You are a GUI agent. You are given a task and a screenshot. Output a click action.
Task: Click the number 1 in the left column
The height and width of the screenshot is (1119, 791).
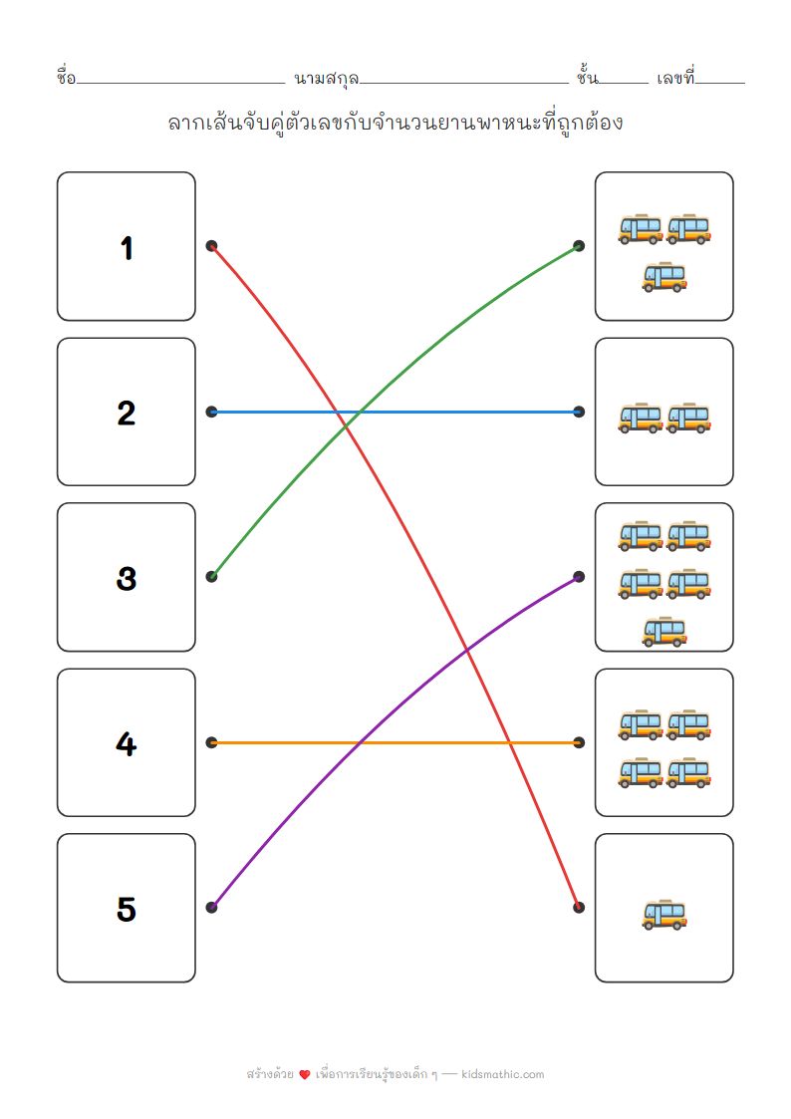click(127, 248)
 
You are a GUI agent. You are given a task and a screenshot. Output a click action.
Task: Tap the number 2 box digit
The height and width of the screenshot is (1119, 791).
click(127, 413)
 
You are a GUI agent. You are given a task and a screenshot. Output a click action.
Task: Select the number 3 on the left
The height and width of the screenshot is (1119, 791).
click(127, 578)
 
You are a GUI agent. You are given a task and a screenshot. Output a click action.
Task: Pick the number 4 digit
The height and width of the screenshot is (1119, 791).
click(127, 743)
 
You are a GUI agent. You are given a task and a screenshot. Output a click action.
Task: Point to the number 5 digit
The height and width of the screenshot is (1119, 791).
click(127, 909)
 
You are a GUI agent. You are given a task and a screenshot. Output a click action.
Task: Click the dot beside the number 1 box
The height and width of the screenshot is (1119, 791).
click(211, 246)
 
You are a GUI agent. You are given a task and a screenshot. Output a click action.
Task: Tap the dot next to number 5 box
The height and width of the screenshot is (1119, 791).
click(211, 907)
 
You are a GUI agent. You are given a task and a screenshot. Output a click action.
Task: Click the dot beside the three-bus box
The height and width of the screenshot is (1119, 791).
click(579, 246)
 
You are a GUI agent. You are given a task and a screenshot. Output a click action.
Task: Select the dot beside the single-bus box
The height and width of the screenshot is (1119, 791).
click(579, 907)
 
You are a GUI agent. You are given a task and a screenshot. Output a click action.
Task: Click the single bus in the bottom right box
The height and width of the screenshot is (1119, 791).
click(664, 915)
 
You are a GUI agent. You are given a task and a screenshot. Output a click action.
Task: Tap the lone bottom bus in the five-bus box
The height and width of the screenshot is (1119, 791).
click(664, 631)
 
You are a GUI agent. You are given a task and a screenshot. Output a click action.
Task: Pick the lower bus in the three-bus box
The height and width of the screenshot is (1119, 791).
click(664, 276)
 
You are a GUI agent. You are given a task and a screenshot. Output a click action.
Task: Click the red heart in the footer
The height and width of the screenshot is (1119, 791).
click(305, 1075)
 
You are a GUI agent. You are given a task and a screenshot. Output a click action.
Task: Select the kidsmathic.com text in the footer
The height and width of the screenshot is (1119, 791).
click(503, 1074)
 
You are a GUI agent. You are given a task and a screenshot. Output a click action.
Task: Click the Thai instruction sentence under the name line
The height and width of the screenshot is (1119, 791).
click(395, 124)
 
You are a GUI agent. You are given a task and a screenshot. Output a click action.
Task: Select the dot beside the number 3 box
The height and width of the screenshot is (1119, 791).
click(211, 576)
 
